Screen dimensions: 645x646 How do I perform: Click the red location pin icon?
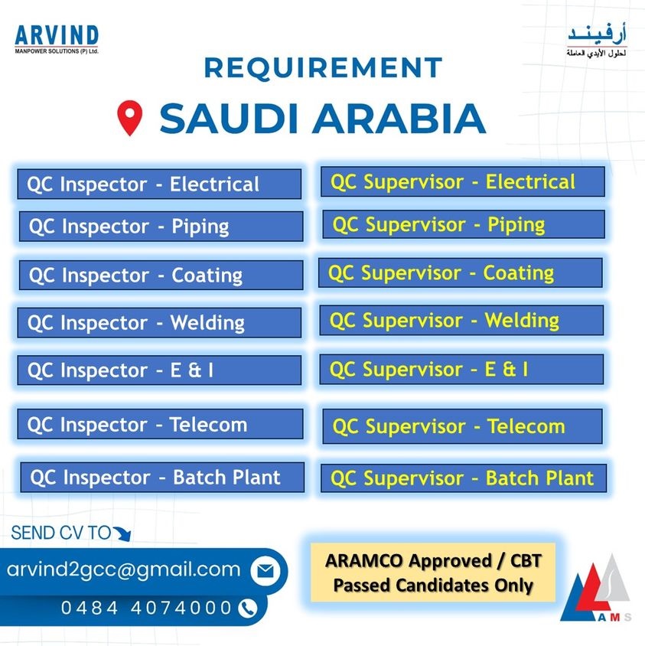[x=130, y=117]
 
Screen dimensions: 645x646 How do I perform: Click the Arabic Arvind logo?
[x=597, y=41]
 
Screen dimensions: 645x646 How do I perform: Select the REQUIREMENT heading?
[x=324, y=67]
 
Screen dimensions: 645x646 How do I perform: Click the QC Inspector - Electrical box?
[x=159, y=184]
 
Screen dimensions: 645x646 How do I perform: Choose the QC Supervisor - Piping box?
[x=464, y=224]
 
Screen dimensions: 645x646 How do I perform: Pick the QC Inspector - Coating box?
[x=161, y=275]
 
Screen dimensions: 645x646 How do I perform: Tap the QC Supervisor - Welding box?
[x=461, y=320]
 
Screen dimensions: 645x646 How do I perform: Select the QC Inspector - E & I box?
[x=159, y=370]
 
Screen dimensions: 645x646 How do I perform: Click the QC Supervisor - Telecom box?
[x=462, y=426]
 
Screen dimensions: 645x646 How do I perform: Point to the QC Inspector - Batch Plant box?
[x=162, y=477]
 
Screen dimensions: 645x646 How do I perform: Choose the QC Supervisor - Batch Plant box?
[x=464, y=478]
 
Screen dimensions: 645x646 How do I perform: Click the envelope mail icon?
[x=265, y=570]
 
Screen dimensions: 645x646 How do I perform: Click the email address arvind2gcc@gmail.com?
[x=123, y=569]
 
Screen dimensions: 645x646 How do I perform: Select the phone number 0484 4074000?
[x=146, y=608]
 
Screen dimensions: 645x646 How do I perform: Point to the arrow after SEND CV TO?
[x=122, y=533]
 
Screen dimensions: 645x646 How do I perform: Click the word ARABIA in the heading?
[x=399, y=118]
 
